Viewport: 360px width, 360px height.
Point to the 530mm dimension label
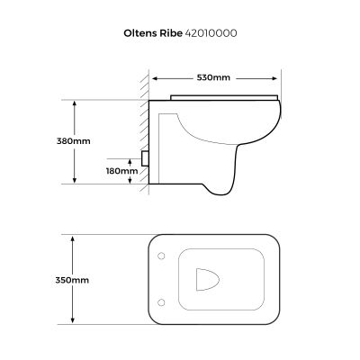tap(217, 77)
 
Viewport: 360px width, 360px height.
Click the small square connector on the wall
tap(145, 159)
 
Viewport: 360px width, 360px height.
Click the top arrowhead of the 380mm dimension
tap(74, 102)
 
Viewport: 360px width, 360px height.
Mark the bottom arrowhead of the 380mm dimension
tap(74, 181)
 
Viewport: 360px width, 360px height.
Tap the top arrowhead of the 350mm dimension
tap(74, 238)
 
